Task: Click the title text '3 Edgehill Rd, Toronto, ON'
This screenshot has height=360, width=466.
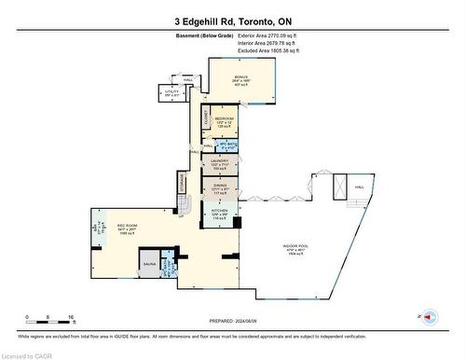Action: pyautogui.click(x=232, y=21)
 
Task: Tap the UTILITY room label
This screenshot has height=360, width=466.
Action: pyautogui.click(x=171, y=93)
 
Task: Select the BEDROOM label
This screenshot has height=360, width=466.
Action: pyautogui.click(x=225, y=121)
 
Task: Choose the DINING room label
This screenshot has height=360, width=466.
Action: pyautogui.click(x=220, y=186)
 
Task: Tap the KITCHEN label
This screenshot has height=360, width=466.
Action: pyautogui.click(x=220, y=213)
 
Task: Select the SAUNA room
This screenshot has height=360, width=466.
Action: pyautogui.click(x=148, y=263)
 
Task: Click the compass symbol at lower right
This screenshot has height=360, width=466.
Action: pyautogui.click(x=428, y=317)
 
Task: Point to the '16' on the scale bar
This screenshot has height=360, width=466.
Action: pyautogui.click(x=70, y=318)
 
